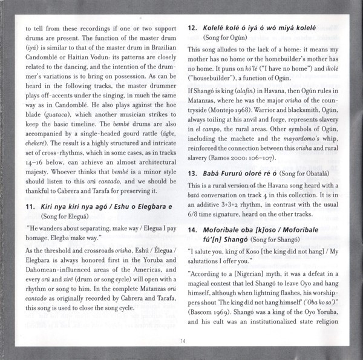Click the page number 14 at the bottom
pyautogui.click(x=181, y=341)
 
